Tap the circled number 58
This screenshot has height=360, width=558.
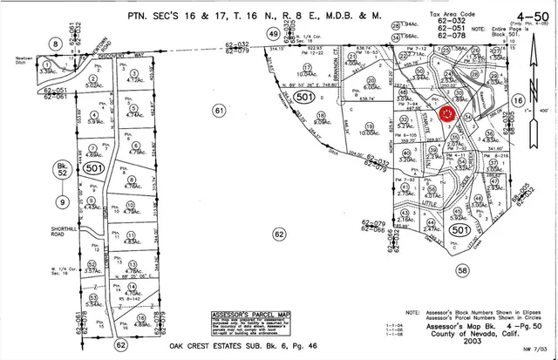(x=487, y=272)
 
